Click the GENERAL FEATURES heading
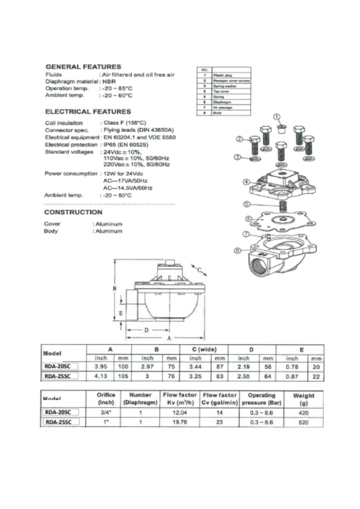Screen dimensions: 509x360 tap(83, 66)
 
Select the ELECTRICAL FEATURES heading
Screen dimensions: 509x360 tap(88, 111)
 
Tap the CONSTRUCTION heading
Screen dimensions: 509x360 tap(73, 212)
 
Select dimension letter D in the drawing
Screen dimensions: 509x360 tap(147, 330)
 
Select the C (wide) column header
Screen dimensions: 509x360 tap(204, 349)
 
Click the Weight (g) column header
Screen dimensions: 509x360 tap(304, 399)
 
